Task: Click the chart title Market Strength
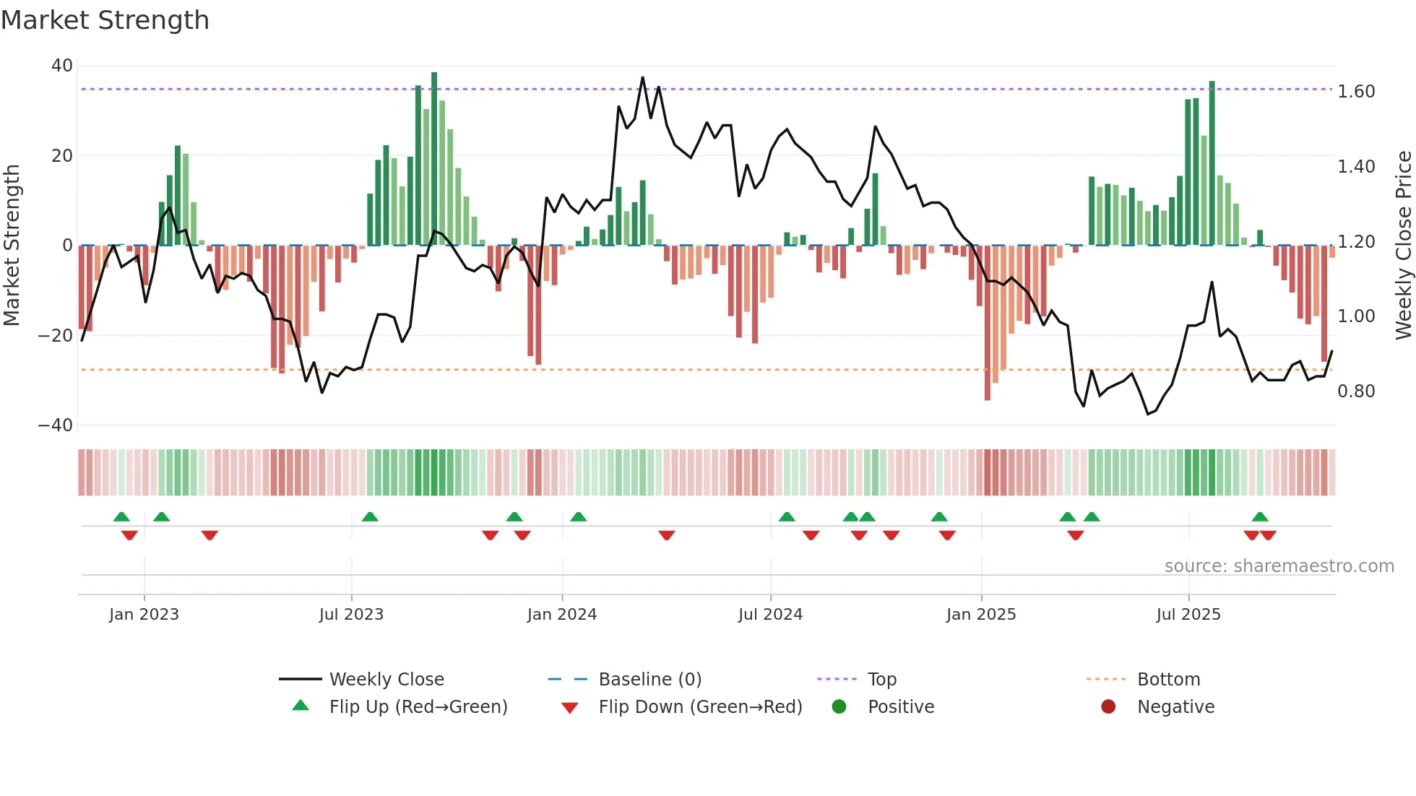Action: (x=105, y=20)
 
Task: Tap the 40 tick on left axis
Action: (x=62, y=66)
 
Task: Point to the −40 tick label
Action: (x=56, y=425)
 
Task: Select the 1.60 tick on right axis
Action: (x=1356, y=92)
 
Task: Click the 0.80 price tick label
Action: (x=1356, y=391)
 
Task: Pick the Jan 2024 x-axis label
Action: (x=562, y=615)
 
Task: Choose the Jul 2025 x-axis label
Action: (x=1188, y=615)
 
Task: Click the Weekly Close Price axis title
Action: (x=1403, y=246)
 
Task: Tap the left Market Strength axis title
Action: (x=12, y=246)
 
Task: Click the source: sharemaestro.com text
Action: (x=1279, y=566)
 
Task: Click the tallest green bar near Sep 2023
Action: (x=434, y=159)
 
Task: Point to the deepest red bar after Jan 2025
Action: (x=988, y=322)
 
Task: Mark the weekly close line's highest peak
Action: (x=642, y=78)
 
